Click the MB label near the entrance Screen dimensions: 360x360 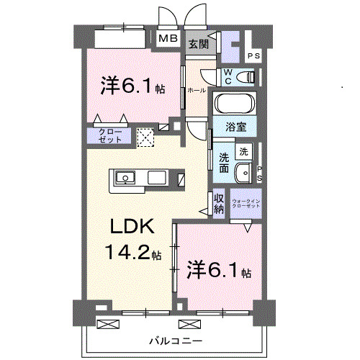click(168, 39)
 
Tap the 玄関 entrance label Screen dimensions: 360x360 click(198, 44)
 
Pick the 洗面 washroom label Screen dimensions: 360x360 click(224, 162)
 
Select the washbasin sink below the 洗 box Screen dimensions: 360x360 click(243, 173)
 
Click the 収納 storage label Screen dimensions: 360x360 click(219, 202)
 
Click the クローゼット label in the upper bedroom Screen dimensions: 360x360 click(110, 135)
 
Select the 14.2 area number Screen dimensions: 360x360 click(130, 253)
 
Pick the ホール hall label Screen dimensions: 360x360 click(196, 90)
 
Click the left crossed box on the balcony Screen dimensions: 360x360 click(106, 323)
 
